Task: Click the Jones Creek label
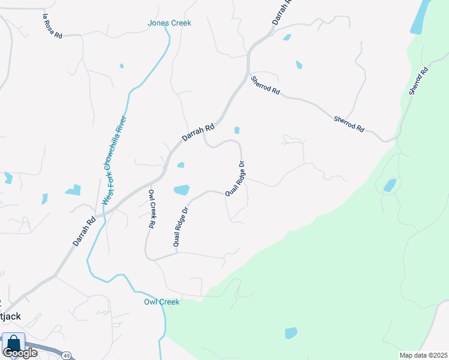click(x=169, y=23)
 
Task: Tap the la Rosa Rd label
click(x=53, y=26)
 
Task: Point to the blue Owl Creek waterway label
click(x=161, y=302)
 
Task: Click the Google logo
click(x=20, y=353)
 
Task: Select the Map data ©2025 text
click(x=423, y=355)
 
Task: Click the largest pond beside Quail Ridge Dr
click(x=181, y=190)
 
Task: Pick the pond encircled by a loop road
click(x=390, y=185)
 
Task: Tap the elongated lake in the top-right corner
click(x=420, y=17)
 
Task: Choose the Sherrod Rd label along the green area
click(x=418, y=80)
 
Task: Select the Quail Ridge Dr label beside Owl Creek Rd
click(x=181, y=227)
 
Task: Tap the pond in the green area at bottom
click(x=291, y=332)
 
